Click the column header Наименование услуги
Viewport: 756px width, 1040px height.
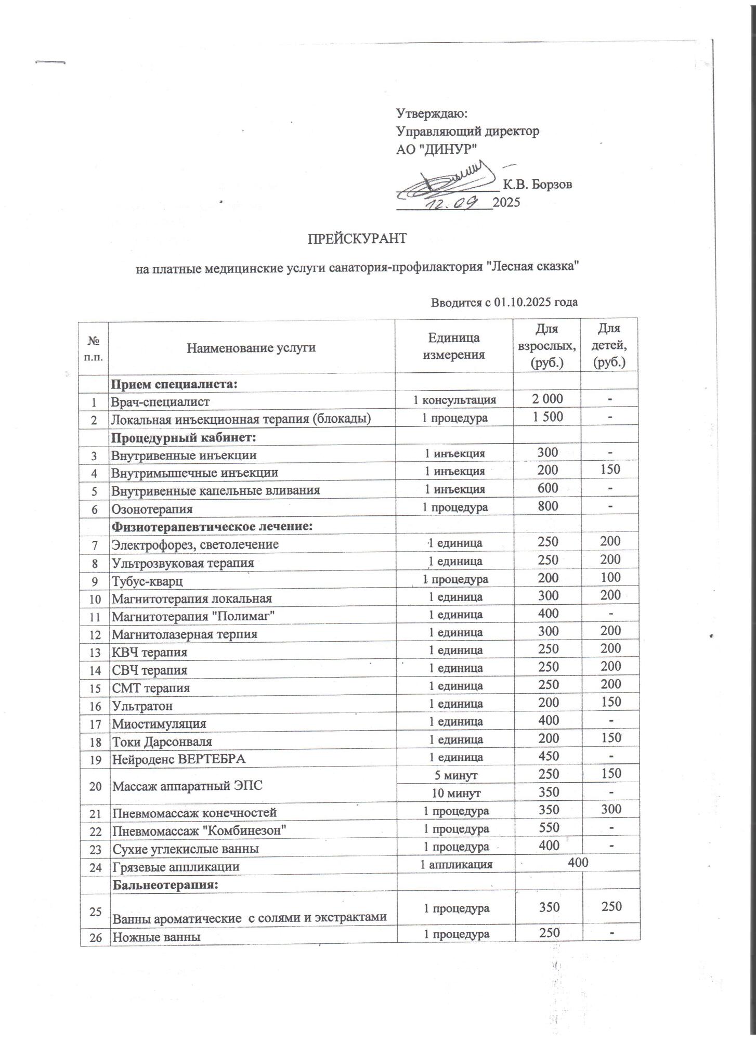pos(251,347)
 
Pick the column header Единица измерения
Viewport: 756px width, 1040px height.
pos(453,346)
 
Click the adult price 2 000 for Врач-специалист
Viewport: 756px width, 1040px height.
pos(548,399)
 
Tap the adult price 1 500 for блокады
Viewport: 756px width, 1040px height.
pos(548,417)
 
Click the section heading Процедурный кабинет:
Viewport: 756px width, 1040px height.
pos(184,437)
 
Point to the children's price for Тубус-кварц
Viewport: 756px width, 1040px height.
pos(610,577)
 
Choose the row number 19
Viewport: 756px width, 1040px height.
pos(95,759)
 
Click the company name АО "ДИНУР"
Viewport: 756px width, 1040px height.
pos(437,149)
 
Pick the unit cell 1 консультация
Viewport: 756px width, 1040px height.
pos(454,400)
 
